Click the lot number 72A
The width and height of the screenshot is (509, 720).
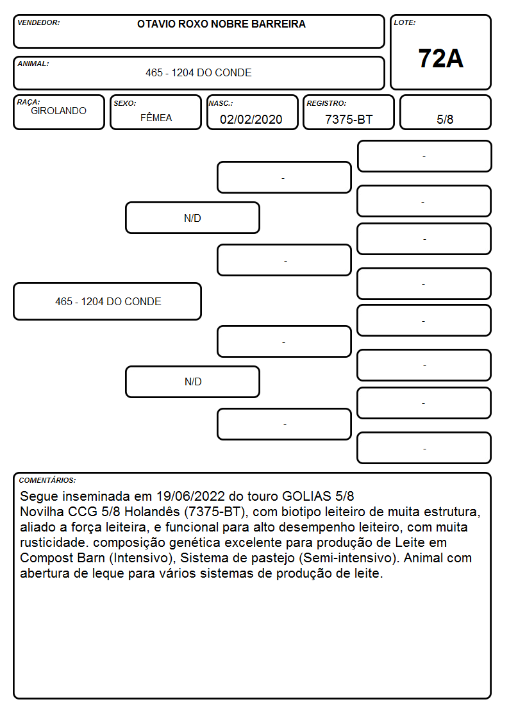click(x=440, y=59)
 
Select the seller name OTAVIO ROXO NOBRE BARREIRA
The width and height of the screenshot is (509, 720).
click(x=221, y=24)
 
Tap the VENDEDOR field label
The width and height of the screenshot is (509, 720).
click(x=38, y=22)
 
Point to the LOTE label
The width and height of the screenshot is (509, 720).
click(x=405, y=22)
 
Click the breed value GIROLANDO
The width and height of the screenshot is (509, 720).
click(x=59, y=111)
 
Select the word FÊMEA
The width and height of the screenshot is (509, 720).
click(x=156, y=118)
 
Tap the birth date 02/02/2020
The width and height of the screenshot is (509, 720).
click(x=251, y=120)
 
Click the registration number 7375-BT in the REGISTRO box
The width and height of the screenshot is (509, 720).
click(x=349, y=120)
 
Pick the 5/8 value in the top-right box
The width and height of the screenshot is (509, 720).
click(x=445, y=120)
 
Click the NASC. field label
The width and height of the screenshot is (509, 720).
click(x=221, y=104)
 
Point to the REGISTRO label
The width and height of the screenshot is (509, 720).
click(x=327, y=104)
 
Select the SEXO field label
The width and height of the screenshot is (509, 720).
click(x=125, y=104)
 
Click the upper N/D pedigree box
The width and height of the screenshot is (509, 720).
click(x=193, y=218)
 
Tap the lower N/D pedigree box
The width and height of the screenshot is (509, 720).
click(x=193, y=381)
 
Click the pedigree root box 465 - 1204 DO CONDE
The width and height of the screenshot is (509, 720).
click(x=108, y=302)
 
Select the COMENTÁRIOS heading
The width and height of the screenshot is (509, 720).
click(x=47, y=480)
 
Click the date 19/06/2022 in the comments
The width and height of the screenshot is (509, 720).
click(x=190, y=496)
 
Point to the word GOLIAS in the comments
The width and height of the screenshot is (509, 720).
click(x=306, y=496)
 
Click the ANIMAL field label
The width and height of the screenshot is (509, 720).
click(x=33, y=64)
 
